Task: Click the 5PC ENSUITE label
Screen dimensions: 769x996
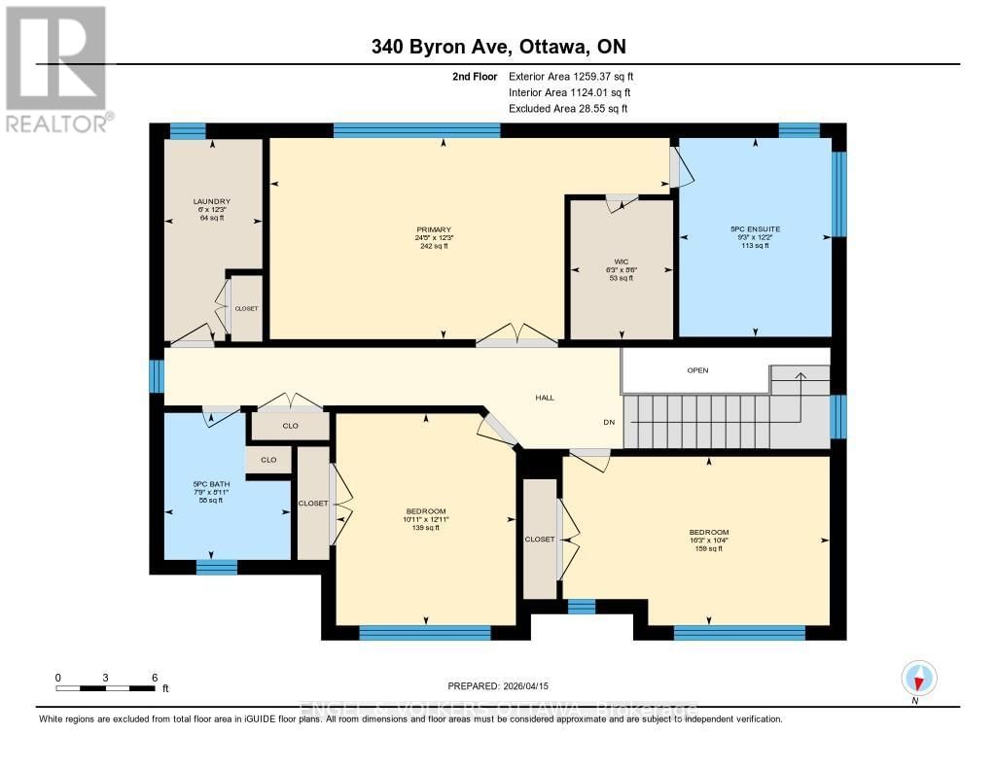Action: click(755, 229)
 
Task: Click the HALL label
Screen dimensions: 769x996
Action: click(545, 397)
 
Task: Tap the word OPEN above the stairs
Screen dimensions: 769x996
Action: click(697, 370)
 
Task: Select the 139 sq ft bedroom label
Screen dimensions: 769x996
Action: click(426, 512)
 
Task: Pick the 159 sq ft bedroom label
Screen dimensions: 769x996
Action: click(708, 533)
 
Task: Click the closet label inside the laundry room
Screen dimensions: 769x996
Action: click(246, 308)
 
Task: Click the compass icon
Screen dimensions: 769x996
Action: click(918, 678)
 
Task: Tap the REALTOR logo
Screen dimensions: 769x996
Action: click(56, 68)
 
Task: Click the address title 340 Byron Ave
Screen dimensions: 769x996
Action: click(497, 47)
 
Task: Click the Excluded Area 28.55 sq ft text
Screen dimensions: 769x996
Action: click(568, 109)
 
